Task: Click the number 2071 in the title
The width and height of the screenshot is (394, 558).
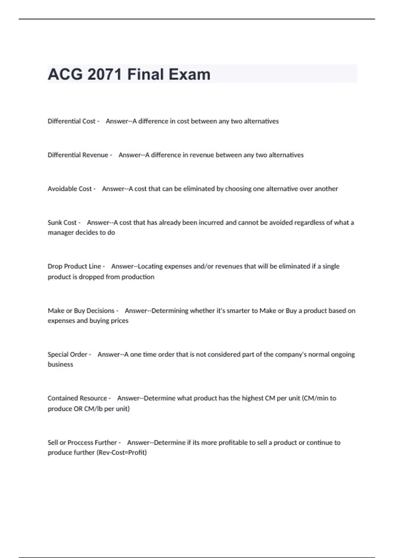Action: tap(104, 74)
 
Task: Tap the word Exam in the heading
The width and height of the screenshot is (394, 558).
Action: tap(190, 74)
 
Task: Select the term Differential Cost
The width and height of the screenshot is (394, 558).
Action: tap(71, 121)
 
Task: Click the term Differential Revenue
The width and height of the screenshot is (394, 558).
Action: tap(78, 155)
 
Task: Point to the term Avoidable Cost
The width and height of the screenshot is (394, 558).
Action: tap(70, 189)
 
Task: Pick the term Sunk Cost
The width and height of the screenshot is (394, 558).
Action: tap(62, 223)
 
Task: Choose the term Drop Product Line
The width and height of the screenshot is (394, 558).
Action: tap(74, 266)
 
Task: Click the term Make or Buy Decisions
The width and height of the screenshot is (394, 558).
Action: tap(81, 311)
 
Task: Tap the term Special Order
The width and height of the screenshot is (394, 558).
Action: tap(67, 354)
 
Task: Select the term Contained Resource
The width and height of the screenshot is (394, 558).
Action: tap(77, 398)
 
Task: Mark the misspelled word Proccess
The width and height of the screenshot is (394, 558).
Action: tap(80, 442)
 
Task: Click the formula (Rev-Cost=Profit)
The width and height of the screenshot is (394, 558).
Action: tap(121, 453)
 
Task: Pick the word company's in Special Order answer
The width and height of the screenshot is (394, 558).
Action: tap(291, 354)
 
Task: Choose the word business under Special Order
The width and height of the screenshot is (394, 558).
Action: tap(60, 364)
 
